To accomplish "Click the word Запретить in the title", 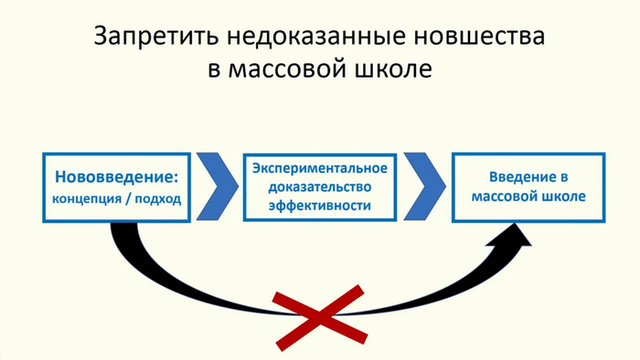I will (x=151, y=37).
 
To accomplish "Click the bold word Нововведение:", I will (x=116, y=175).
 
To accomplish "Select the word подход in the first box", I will (x=160, y=198).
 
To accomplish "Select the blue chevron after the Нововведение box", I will (x=219, y=186).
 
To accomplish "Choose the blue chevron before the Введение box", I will (x=424, y=186).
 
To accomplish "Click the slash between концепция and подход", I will (x=133, y=198).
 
